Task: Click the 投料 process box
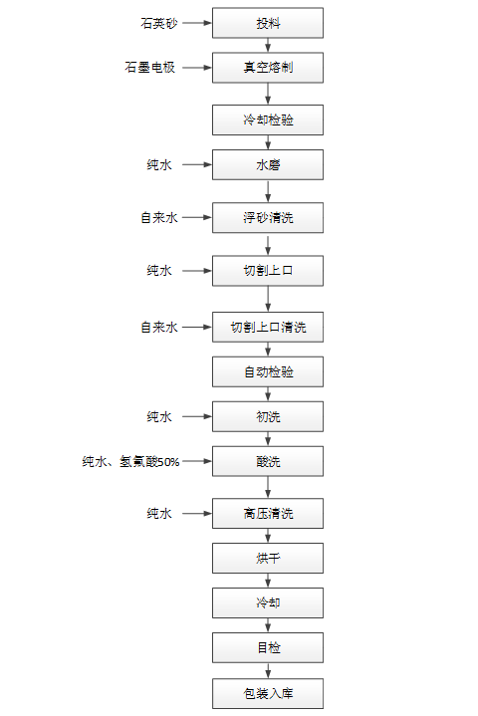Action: [x=268, y=23]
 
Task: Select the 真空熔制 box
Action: [x=268, y=68]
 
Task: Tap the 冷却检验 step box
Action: [x=268, y=119]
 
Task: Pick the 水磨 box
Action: [x=268, y=164]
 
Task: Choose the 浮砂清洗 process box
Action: [x=268, y=217]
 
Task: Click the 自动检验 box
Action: [x=268, y=371]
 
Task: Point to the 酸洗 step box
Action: [x=268, y=461]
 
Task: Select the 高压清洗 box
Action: [x=268, y=513]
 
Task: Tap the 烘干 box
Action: [x=268, y=558]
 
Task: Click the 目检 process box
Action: [x=268, y=647]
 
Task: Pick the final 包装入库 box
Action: [x=268, y=694]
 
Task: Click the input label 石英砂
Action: [x=159, y=23]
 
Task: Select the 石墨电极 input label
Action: [x=149, y=68]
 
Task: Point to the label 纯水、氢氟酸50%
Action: [x=130, y=461]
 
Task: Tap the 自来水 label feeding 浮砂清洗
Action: [x=159, y=217]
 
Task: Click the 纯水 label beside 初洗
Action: [x=159, y=416]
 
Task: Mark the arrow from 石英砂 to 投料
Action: [x=197, y=23]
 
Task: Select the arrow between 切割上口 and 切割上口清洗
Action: [x=268, y=299]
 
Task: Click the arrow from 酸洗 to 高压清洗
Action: [x=268, y=487]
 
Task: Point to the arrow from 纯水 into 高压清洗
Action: [x=197, y=513]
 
